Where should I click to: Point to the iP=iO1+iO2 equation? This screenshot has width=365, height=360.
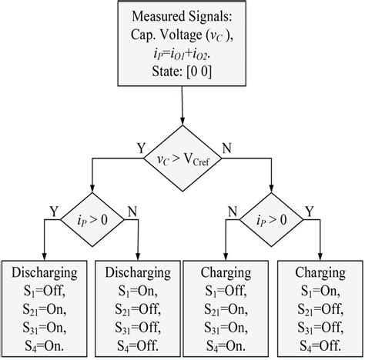pyautogui.click(x=182, y=55)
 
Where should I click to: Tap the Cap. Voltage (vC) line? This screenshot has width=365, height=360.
pyautogui.click(x=182, y=36)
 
